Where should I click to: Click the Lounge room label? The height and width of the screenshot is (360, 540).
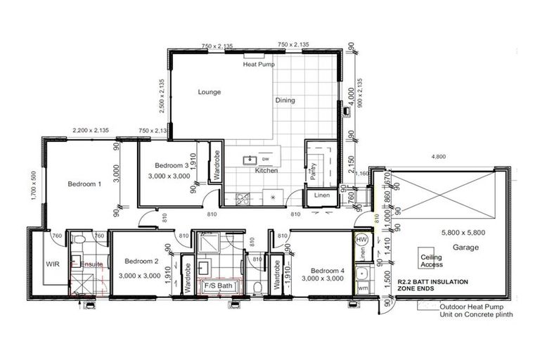(x=210, y=92)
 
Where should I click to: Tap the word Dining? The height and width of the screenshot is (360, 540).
(x=285, y=101)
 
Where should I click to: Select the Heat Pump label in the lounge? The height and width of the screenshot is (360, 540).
(x=258, y=65)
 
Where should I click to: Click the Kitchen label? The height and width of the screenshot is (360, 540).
(x=266, y=171)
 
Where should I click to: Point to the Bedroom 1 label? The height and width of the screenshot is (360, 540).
(x=84, y=184)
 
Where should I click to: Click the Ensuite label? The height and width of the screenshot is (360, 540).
(x=92, y=264)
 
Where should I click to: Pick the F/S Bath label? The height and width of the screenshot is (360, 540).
(x=218, y=286)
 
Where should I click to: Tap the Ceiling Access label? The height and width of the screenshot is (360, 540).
(x=431, y=262)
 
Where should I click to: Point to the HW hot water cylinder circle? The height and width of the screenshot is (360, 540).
(x=362, y=240)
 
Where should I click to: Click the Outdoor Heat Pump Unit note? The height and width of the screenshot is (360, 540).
(x=475, y=311)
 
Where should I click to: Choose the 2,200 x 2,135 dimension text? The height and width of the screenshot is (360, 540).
(x=91, y=130)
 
